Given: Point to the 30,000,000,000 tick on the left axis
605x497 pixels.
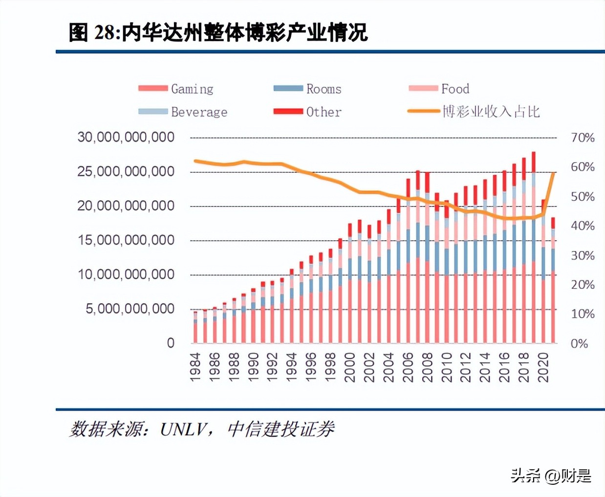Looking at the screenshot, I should click(126, 137).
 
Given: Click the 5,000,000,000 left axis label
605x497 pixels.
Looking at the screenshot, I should click(130, 309).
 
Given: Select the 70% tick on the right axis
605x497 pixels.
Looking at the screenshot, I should click(583, 138).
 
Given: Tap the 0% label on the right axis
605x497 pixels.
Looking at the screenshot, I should click(579, 344).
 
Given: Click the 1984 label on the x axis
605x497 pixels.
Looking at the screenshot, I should click(195, 367).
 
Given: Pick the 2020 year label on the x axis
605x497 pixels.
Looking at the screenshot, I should click(543, 367).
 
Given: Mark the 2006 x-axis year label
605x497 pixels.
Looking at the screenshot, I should click(408, 367).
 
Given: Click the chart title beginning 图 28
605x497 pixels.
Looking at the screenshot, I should click(218, 33).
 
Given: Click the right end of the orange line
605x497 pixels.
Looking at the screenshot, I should click(553, 173).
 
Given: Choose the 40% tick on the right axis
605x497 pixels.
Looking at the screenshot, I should click(583, 226).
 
